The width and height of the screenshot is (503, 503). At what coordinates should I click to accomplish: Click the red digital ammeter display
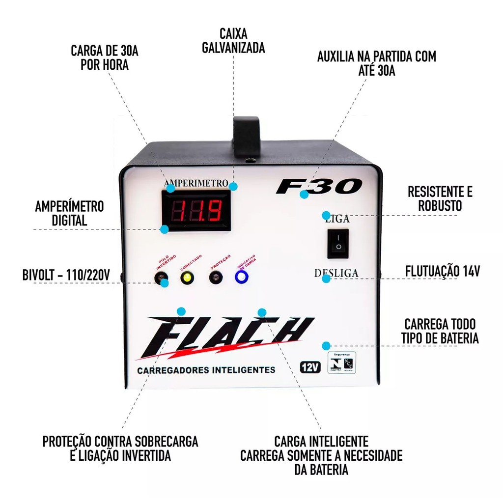click(x=196, y=210)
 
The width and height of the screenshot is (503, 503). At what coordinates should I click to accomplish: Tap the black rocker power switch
click(x=337, y=243)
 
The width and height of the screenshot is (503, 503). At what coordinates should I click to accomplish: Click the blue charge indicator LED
click(x=241, y=278)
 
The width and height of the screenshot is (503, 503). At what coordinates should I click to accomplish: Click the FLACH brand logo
click(x=226, y=336)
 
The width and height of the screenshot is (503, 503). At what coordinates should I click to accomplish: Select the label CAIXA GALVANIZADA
click(x=234, y=41)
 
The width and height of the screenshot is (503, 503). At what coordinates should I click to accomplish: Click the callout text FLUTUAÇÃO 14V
click(x=443, y=271)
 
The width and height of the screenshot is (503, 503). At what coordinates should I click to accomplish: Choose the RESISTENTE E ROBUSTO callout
click(x=440, y=198)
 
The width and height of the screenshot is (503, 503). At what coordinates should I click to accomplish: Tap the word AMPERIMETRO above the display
click(x=196, y=183)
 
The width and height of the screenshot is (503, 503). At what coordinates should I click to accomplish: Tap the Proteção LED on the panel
click(x=215, y=278)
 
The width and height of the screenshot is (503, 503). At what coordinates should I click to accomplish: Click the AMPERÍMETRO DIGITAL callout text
click(x=69, y=213)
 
